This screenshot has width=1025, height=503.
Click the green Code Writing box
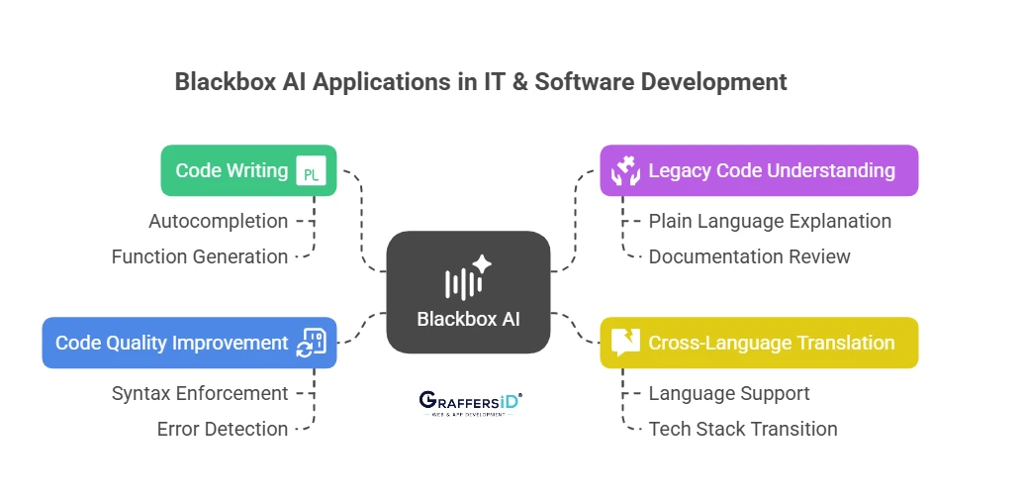point(248,170)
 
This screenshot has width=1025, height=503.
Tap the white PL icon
point(311,171)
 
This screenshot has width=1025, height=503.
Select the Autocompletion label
point(219,221)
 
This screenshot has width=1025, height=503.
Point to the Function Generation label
point(200,256)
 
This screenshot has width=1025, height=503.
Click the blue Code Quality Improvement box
point(190,343)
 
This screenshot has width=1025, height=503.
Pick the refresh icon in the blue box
point(311,343)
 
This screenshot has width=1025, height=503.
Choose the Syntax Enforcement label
point(200,393)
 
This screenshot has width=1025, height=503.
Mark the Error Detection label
point(223,429)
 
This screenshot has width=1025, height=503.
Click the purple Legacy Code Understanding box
point(759,170)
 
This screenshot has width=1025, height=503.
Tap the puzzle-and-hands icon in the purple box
point(625,170)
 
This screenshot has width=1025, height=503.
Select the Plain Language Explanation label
point(770,221)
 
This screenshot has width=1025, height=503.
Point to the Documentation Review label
point(749,256)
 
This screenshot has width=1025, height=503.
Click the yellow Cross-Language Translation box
point(759,343)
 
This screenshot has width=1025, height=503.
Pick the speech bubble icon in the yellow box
point(625,343)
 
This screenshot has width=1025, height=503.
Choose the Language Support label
point(729,393)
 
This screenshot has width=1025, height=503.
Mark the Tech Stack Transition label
point(743,429)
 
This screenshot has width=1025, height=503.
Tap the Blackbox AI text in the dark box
point(469,319)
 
